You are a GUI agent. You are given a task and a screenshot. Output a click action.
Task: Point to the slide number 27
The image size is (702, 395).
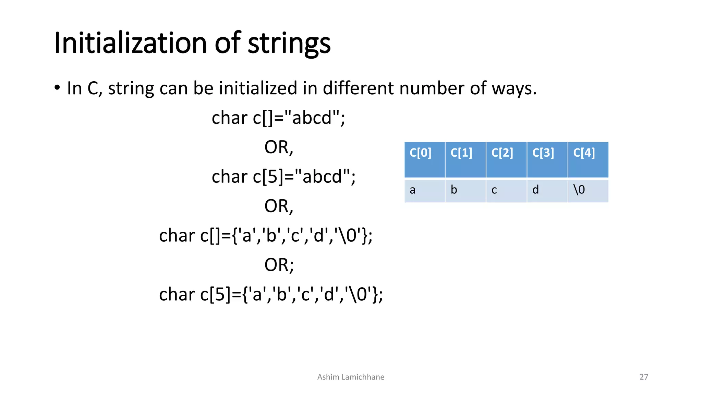(644, 377)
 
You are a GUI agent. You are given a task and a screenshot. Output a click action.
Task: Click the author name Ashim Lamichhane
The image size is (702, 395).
(351, 377)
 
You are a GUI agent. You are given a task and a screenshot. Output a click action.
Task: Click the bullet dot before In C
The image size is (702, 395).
(57, 88)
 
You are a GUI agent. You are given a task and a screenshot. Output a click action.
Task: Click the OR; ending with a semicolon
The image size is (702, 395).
(279, 265)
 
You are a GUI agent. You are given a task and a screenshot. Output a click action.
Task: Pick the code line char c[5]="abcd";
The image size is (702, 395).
(283, 177)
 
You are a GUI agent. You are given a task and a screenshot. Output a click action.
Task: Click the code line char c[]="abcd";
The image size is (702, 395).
(278, 118)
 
